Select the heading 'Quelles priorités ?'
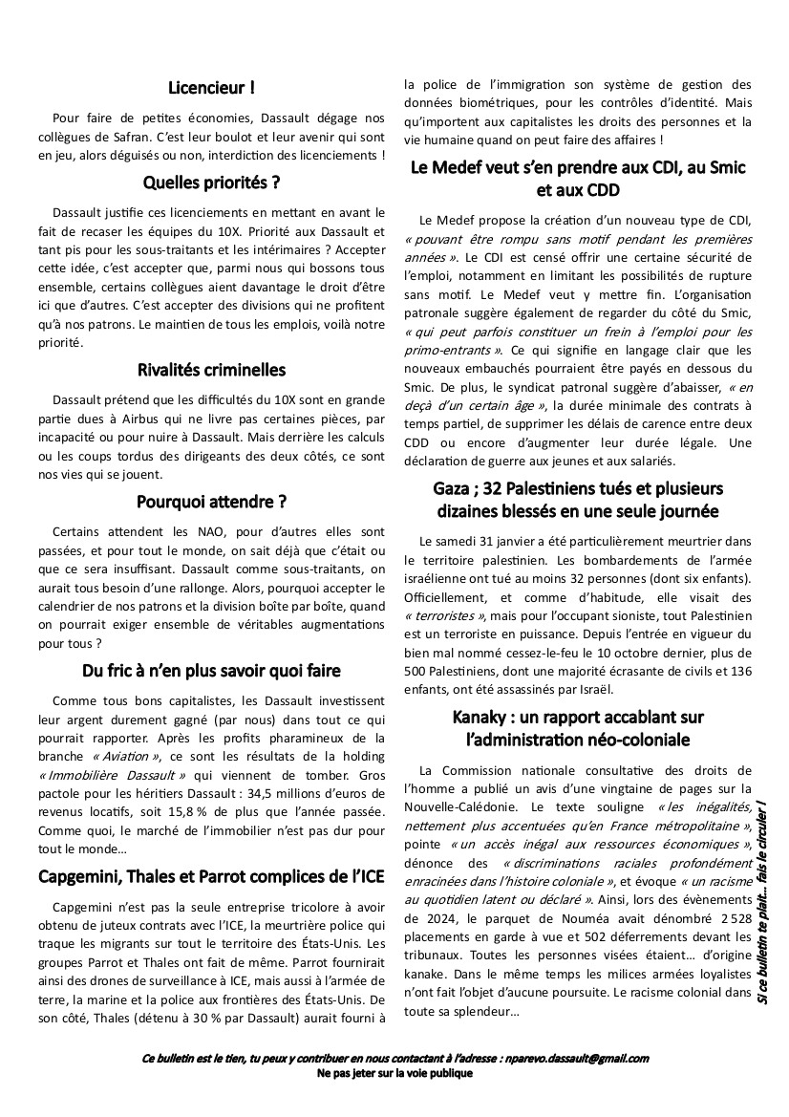[x=211, y=182]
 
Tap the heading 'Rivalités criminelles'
[x=211, y=369]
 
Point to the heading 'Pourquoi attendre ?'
[x=211, y=501]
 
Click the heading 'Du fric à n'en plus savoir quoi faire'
[x=211, y=670]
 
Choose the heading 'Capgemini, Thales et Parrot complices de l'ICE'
[x=211, y=875]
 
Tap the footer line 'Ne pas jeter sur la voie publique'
[x=394, y=1073]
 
